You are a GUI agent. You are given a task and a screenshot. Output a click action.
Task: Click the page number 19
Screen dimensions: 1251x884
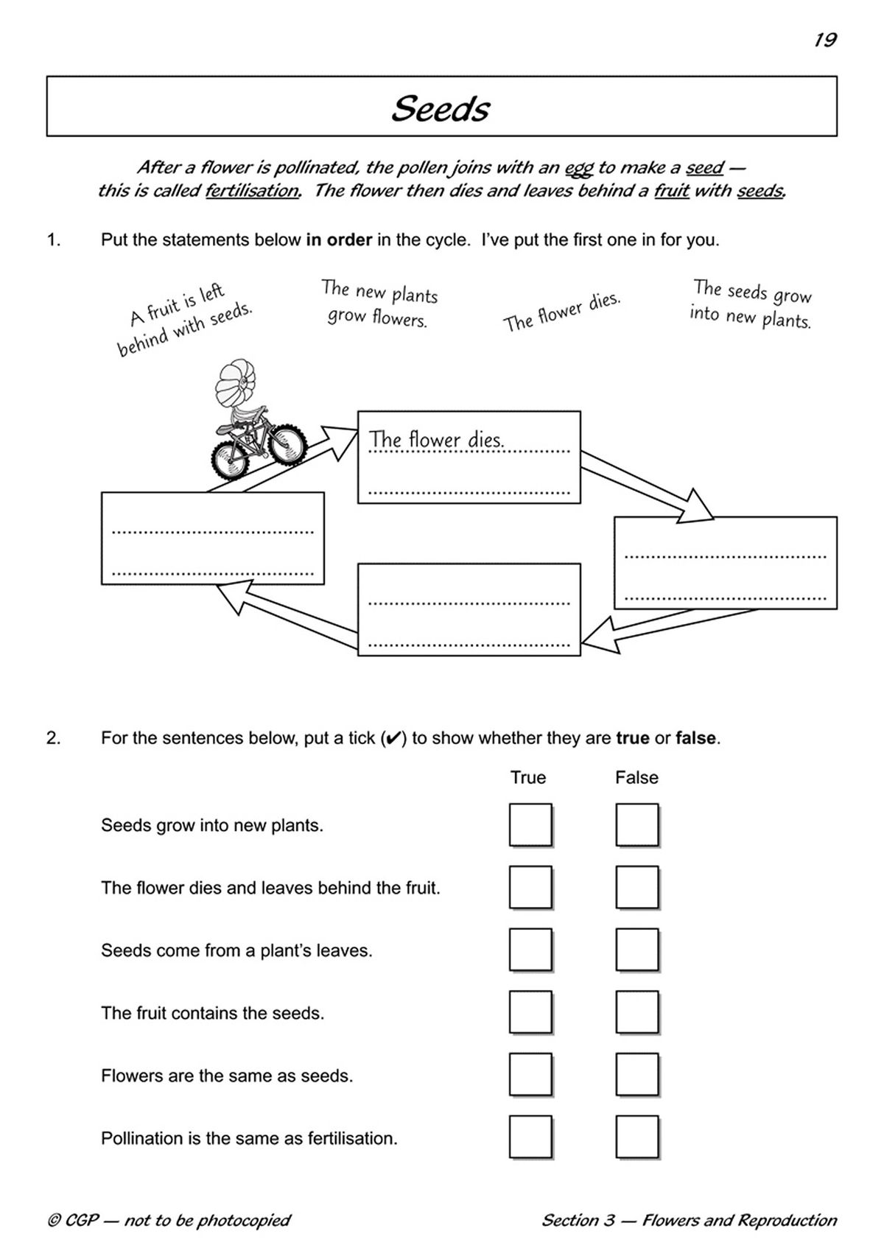(x=825, y=40)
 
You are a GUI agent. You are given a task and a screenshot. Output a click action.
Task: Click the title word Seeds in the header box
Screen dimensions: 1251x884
(x=441, y=109)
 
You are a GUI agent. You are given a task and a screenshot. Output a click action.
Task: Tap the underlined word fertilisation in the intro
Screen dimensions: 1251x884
(x=252, y=191)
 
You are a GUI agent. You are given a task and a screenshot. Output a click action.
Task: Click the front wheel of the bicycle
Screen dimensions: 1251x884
(x=287, y=445)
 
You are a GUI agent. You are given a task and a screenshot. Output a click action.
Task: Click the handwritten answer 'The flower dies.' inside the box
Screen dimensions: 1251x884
(x=436, y=440)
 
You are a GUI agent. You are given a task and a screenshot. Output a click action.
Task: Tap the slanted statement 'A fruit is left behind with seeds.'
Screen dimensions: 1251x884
(x=184, y=320)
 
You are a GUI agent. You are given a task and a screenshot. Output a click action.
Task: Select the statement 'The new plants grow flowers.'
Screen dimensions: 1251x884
(x=379, y=304)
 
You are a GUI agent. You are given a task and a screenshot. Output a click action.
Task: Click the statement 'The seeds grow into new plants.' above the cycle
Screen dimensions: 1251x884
(x=751, y=304)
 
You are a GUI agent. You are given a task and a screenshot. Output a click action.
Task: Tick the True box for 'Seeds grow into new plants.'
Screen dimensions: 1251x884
(x=530, y=825)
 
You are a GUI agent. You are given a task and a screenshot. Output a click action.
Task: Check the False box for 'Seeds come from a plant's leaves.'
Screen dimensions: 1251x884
(x=636, y=950)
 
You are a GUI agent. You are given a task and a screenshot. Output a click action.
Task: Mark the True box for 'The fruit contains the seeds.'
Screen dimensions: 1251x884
(x=530, y=1013)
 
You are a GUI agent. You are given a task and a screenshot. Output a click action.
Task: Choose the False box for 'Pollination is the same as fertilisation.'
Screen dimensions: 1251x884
(x=636, y=1138)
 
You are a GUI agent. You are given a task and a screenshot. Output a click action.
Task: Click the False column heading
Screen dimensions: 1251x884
(x=636, y=778)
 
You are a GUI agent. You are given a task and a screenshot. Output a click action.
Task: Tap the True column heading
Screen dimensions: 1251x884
(x=528, y=778)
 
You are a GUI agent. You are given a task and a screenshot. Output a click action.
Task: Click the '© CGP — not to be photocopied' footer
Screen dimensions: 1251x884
(x=169, y=1221)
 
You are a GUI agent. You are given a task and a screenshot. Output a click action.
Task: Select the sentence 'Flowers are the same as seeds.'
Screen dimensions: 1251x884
(x=227, y=1076)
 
